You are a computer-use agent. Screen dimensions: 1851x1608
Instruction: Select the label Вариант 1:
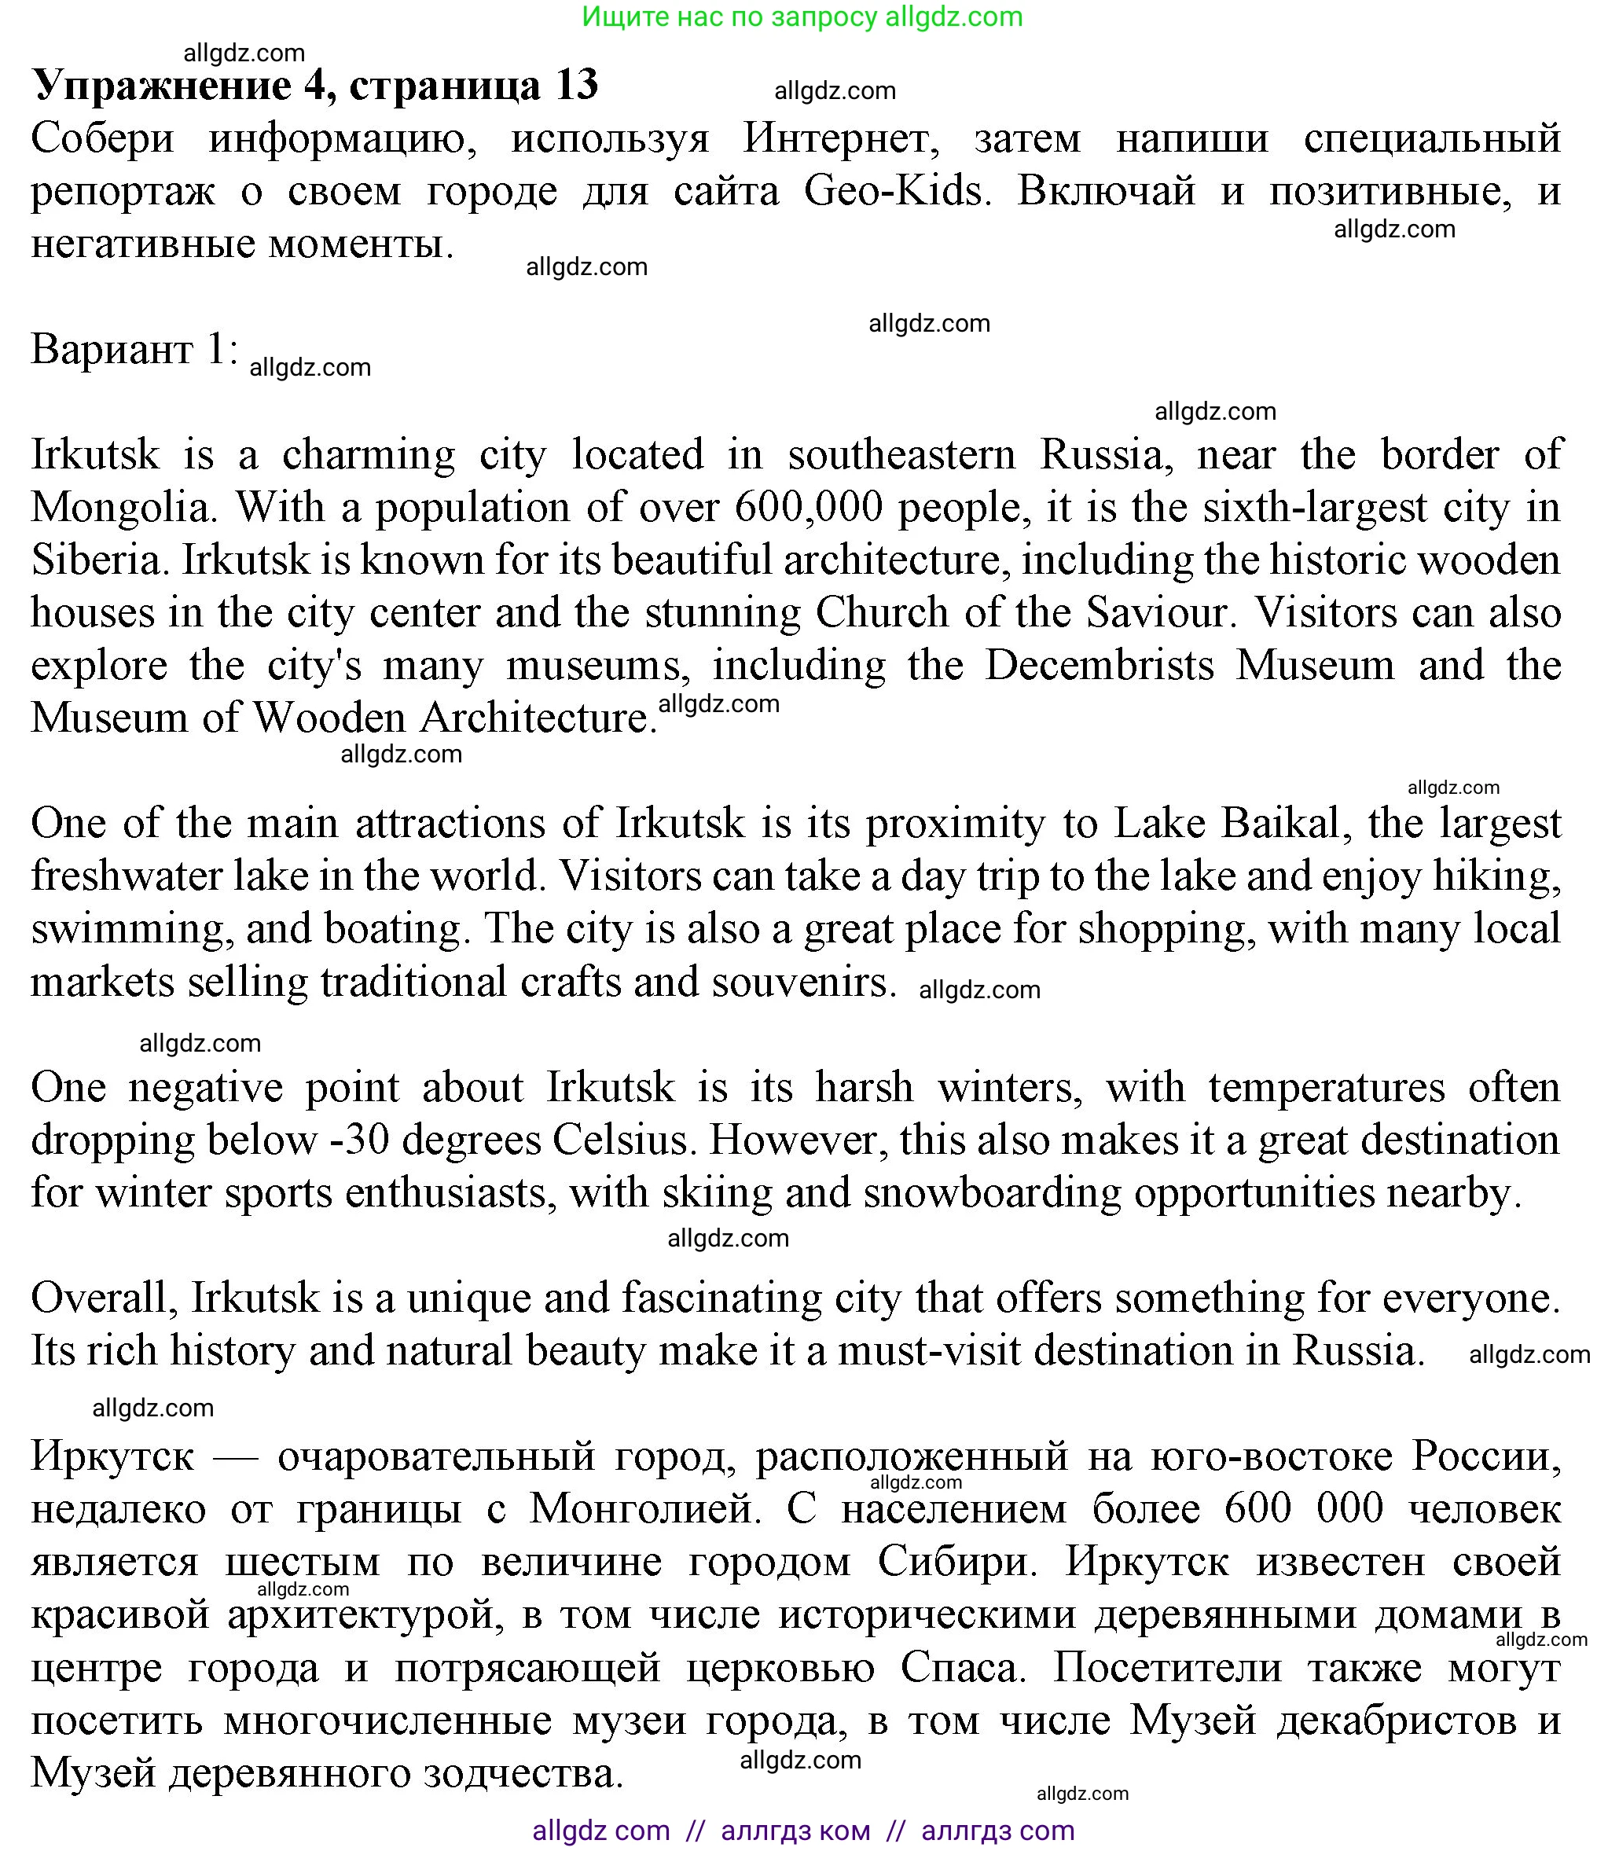pyautogui.click(x=134, y=348)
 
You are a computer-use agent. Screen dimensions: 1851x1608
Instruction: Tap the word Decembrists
pyautogui.click(x=1100, y=666)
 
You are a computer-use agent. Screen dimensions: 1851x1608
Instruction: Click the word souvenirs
pyautogui.click(x=804, y=982)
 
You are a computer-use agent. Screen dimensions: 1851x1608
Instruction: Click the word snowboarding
pyautogui.click(x=993, y=1192)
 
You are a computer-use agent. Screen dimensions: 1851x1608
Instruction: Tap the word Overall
pyautogui.click(x=102, y=1298)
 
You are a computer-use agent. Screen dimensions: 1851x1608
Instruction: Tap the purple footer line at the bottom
pyautogui.click(x=803, y=1831)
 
